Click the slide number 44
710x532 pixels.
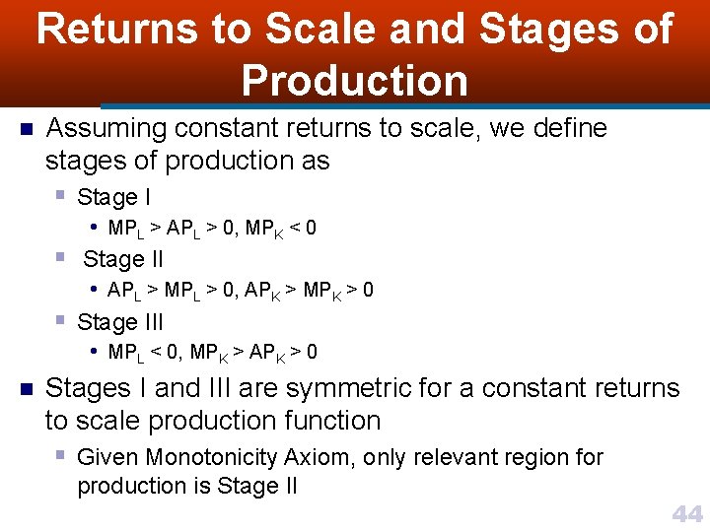(x=686, y=513)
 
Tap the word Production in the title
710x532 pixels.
(x=355, y=80)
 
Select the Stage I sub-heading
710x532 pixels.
(x=113, y=197)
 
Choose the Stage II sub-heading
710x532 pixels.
(x=123, y=259)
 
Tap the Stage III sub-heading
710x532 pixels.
(x=120, y=322)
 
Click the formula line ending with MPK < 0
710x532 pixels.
(x=212, y=229)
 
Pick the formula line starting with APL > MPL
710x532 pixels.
(x=241, y=291)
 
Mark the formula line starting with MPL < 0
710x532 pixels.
(x=212, y=353)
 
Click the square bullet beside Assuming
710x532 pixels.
(x=27, y=129)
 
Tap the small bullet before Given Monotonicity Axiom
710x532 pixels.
(x=61, y=455)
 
